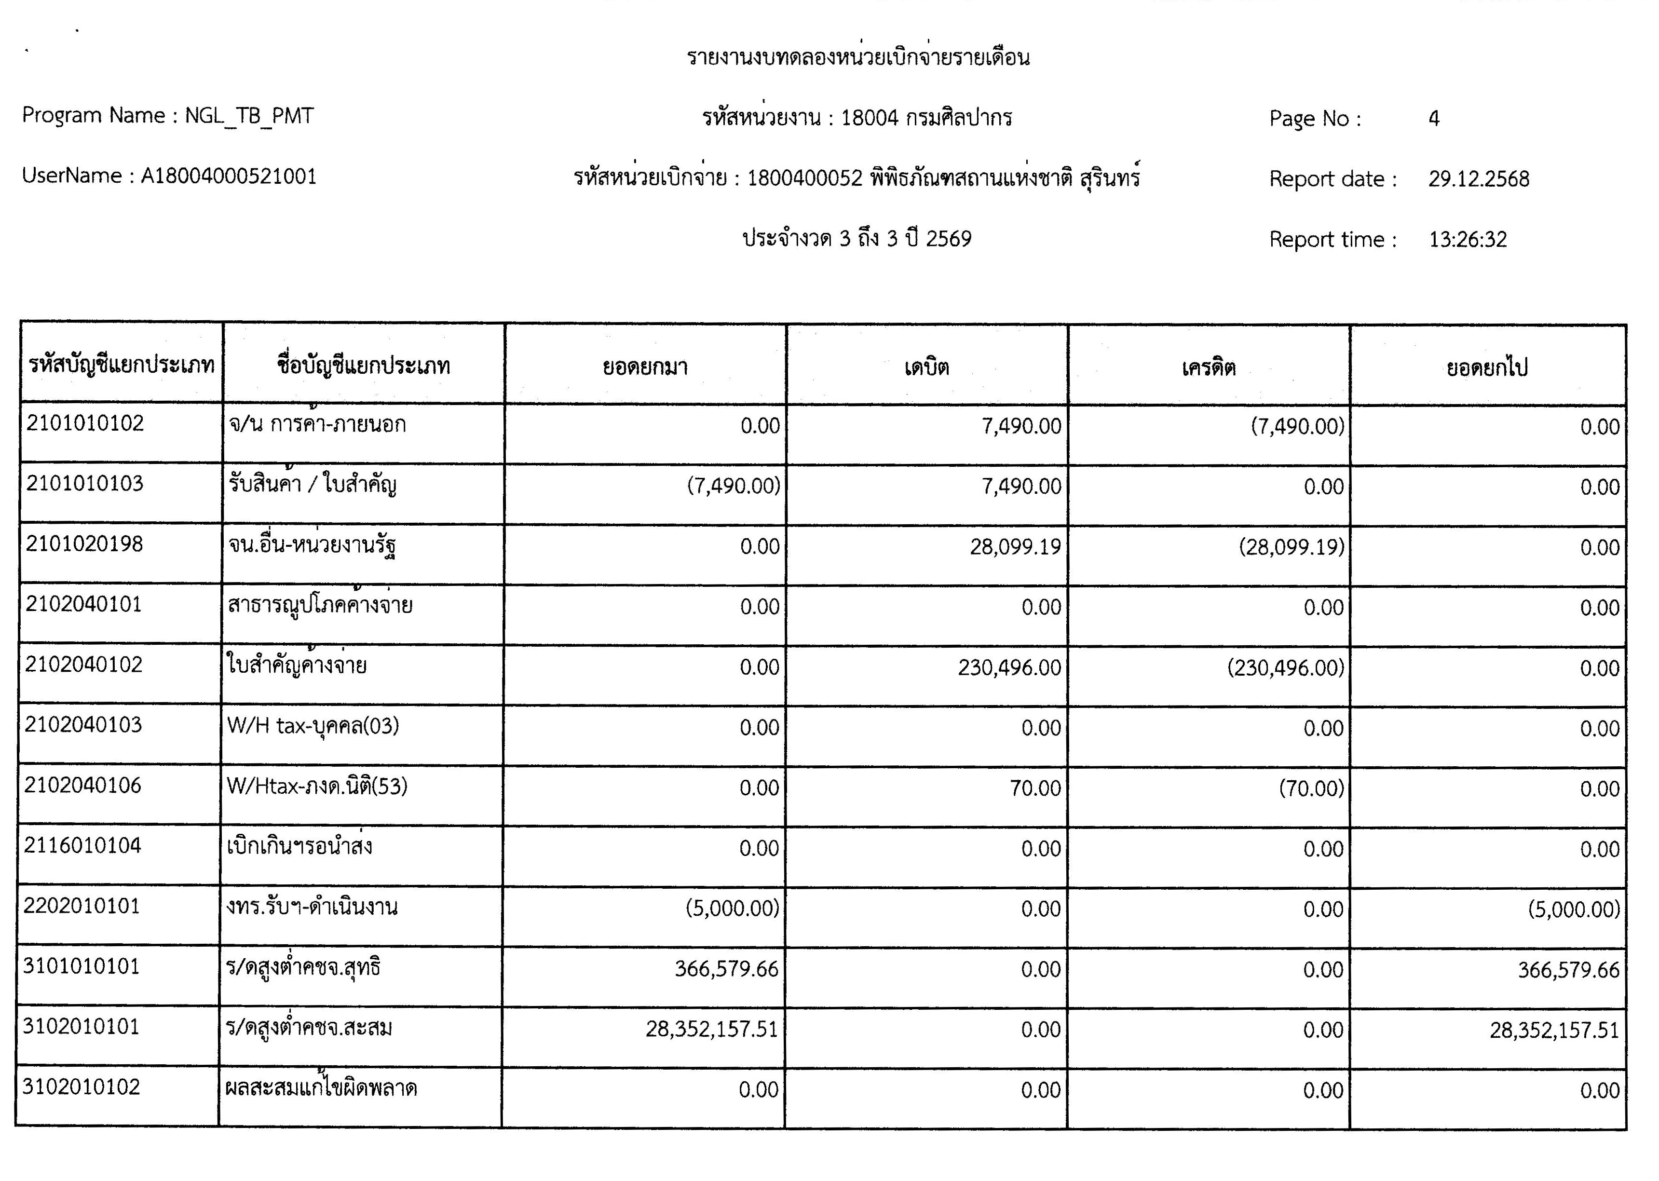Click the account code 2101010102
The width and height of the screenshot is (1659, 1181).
pos(85,423)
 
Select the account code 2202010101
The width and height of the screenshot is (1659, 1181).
pos(82,906)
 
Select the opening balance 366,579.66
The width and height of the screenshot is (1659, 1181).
pos(726,969)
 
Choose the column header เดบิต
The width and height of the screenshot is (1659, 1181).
pos(926,367)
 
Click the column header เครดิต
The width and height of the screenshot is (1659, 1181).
pos(1208,367)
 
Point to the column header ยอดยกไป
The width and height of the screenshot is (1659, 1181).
pos(1487,368)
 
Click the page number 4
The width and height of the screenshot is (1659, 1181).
pos(1433,119)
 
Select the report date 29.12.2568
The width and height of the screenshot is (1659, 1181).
pos(1478,179)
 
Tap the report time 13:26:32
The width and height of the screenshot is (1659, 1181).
pos(1467,239)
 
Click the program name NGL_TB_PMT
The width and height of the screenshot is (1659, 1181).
pos(249,116)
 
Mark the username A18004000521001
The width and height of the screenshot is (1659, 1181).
pos(229,176)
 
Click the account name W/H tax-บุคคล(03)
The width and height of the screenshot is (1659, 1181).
pos(313,726)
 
